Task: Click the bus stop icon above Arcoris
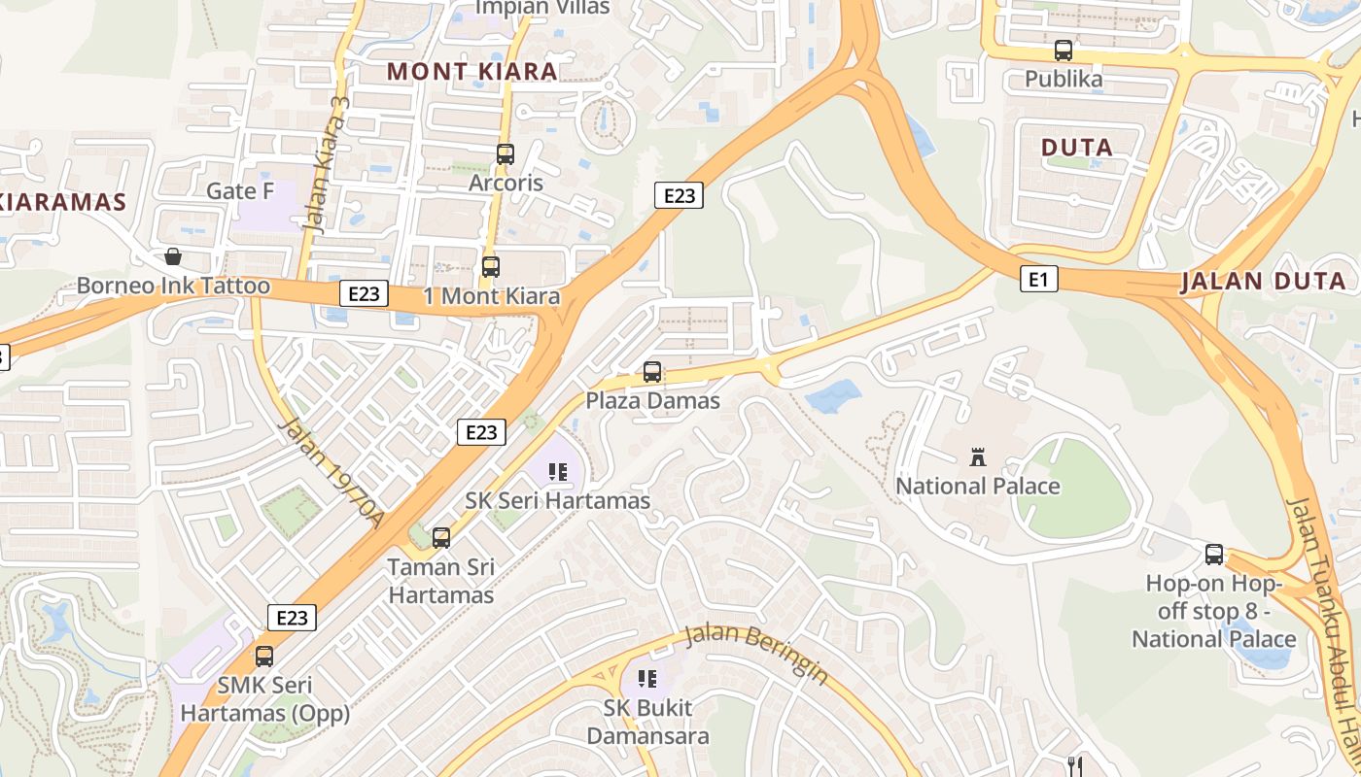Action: (x=505, y=153)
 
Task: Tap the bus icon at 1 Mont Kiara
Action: (x=491, y=266)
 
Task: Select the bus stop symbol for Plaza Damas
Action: (x=652, y=371)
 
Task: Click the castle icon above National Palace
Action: (x=978, y=456)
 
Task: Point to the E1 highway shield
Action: (x=1039, y=280)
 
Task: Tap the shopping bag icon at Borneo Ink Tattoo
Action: (x=173, y=256)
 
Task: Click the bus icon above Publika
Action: (x=1064, y=50)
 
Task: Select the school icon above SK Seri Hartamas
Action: (x=558, y=472)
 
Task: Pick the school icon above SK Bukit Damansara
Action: (x=647, y=678)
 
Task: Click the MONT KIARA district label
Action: (x=472, y=71)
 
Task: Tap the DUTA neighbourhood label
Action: (x=1077, y=148)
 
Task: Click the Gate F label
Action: (x=240, y=190)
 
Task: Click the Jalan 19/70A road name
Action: (x=332, y=472)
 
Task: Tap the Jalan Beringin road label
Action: (x=756, y=652)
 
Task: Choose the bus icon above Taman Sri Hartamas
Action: (x=441, y=537)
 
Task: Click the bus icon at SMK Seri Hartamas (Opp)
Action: (x=264, y=656)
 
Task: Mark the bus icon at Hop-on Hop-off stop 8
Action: (x=1214, y=555)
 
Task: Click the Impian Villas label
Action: (x=542, y=8)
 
